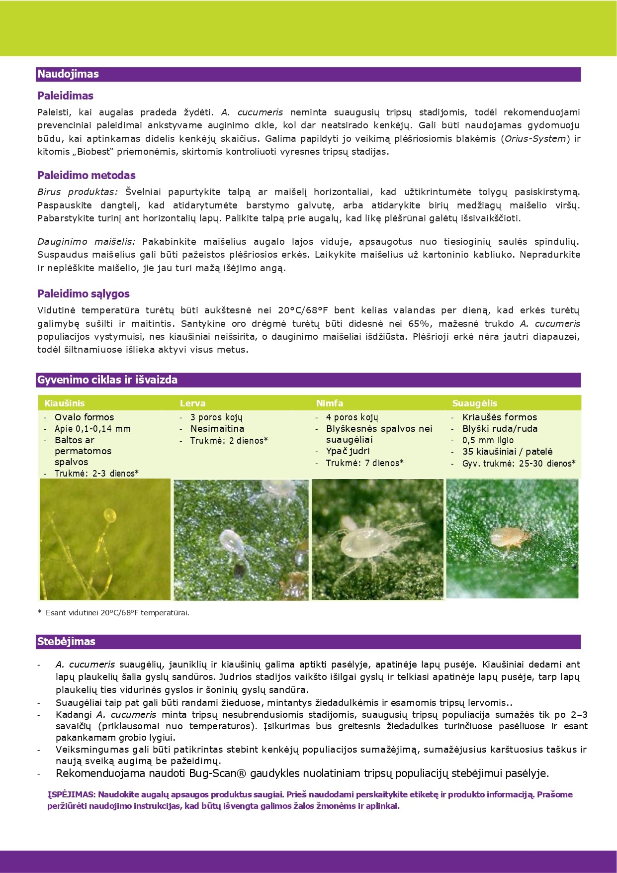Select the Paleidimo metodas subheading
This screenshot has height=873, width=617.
click(87, 175)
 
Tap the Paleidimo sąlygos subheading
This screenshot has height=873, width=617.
click(84, 293)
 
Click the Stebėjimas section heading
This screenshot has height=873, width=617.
click(66, 642)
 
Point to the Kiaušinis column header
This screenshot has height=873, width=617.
click(65, 403)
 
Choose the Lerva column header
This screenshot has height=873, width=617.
click(192, 403)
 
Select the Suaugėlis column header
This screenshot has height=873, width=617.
click(474, 403)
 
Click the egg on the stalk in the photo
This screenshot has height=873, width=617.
click(109, 515)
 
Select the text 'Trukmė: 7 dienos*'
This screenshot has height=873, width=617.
click(364, 463)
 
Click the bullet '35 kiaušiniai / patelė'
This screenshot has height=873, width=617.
click(507, 452)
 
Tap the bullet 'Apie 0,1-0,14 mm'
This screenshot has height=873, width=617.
click(92, 429)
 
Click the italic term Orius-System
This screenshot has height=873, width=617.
click(535, 139)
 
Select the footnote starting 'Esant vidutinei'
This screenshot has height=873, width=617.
click(117, 613)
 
